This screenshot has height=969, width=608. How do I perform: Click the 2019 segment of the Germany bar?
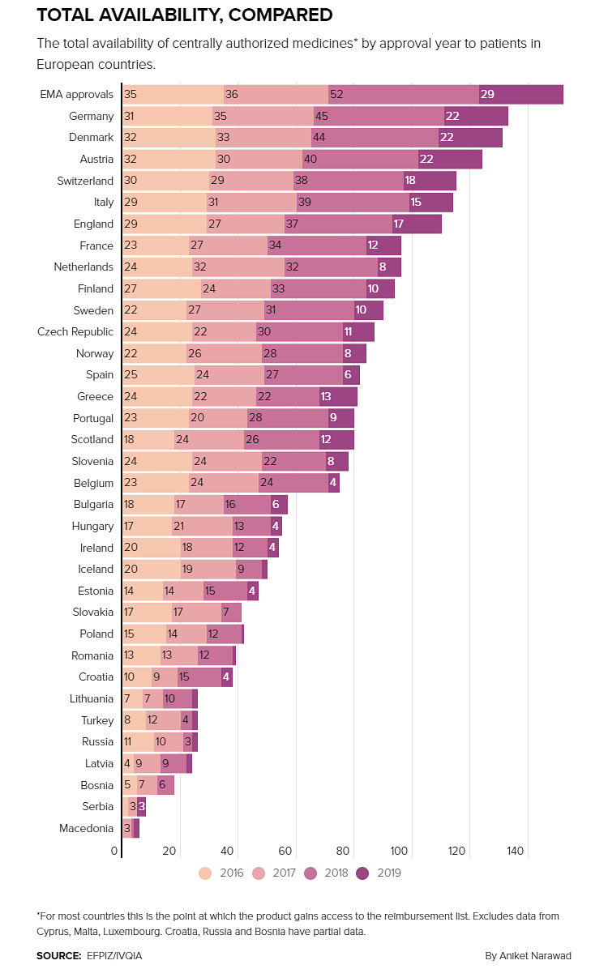coord(476,116)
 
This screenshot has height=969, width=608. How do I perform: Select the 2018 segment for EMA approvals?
coord(404,95)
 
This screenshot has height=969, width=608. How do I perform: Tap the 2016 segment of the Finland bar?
coord(161,288)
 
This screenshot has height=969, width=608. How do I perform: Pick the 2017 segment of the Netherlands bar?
coord(238,267)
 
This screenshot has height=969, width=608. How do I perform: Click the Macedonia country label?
coord(86,828)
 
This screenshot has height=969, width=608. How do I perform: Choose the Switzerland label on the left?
coord(85,181)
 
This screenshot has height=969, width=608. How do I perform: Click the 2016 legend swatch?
coord(205,873)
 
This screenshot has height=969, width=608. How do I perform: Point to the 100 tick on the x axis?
coord(400,852)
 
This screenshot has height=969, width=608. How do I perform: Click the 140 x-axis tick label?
coord(516,852)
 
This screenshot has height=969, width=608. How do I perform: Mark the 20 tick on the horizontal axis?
coord(169,852)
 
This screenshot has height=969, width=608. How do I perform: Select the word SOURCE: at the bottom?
coord(58,956)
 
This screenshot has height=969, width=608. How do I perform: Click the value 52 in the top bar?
coord(336,95)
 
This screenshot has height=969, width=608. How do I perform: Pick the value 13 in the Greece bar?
coord(326,396)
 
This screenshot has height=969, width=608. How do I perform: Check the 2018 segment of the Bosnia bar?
coord(165,785)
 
